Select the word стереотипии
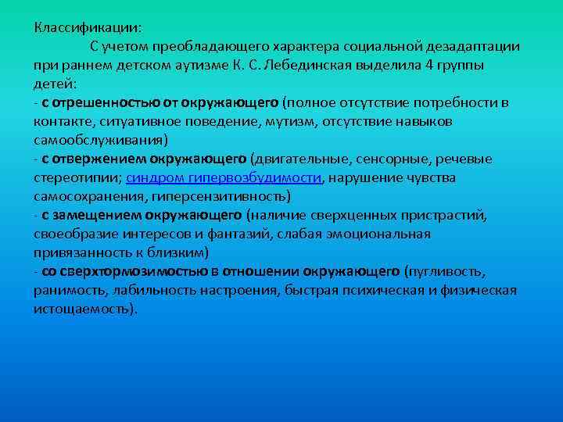[x=76, y=177]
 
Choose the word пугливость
[x=446, y=271]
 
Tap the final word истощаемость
[x=84, y=309]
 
